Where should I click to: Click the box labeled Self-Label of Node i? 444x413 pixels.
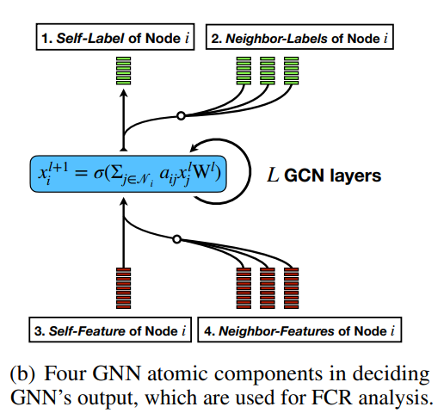tap(115, 37)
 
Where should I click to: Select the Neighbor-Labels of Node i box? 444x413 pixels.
tap(299, 37)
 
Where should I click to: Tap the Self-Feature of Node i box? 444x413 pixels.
tap(110, 330)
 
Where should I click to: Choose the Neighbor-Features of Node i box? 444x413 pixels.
tap(299, 330)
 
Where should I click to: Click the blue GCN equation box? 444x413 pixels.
tap(128, 174)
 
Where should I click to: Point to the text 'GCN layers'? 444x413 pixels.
tap(333, 176)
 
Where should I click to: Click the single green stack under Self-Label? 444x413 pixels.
tap(123, 71)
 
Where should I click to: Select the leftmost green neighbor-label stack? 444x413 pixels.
tap(244, 71)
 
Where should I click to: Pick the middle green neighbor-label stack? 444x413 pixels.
tap(268, 71)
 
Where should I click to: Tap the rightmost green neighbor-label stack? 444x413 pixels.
tap(291, 71)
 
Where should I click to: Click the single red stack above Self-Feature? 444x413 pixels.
tap(123, 288)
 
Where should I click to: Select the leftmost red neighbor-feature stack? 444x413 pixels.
tap(244, 288)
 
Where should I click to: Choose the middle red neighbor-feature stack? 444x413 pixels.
tap(268, 288)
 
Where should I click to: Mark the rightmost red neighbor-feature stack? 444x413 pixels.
tap(291, 288)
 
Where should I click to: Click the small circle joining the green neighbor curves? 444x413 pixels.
tap(181, 116)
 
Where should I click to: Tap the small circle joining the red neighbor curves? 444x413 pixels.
tap(177, 239)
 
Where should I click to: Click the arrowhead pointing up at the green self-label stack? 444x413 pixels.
tap(124, 94)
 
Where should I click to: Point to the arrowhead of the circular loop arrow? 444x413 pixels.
tap(194, 148)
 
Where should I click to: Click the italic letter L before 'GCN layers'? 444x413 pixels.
tap(273, 176)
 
